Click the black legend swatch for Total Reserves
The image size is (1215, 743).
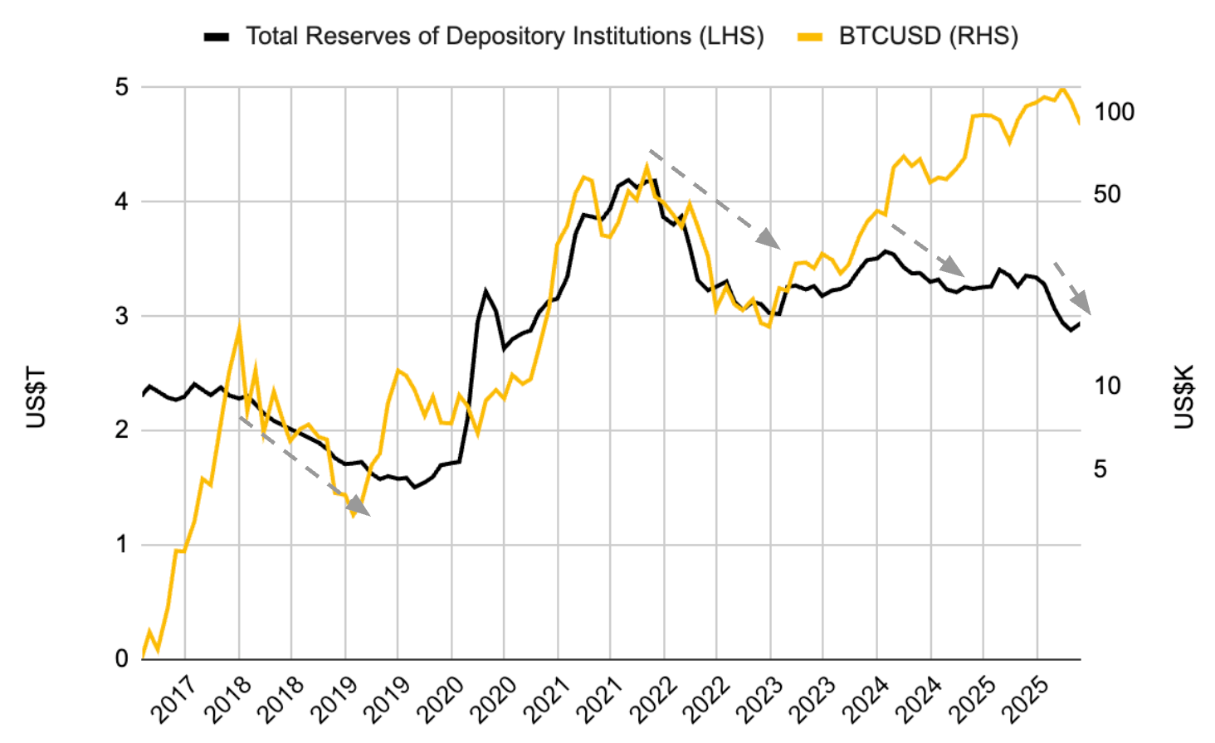tap(217, 36)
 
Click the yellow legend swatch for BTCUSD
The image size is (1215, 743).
tap(809, 36)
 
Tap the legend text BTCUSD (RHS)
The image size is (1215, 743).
tap(928, 36)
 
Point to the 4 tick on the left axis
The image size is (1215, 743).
tap(122, 202)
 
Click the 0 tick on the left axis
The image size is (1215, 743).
tap(122, 659)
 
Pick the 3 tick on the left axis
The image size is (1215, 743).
tap(122, 316)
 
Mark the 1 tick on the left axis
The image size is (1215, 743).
tap(122, 545)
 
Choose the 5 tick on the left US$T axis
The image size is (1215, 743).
tap(122, 87)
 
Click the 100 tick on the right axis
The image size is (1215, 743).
tap(1114, 112)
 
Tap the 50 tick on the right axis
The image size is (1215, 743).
tap(1107, 194)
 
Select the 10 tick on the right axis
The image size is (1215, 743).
tap(1107, 386)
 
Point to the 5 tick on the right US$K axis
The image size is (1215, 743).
tap(1100, 469)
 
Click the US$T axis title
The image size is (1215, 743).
tap(36, 397)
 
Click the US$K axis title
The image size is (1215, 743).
tap(1184, 397)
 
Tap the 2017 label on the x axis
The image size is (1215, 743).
tap(173, 698)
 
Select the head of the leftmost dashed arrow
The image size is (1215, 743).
tap(359, 507)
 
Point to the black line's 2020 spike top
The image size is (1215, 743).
tap(486, 291)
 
